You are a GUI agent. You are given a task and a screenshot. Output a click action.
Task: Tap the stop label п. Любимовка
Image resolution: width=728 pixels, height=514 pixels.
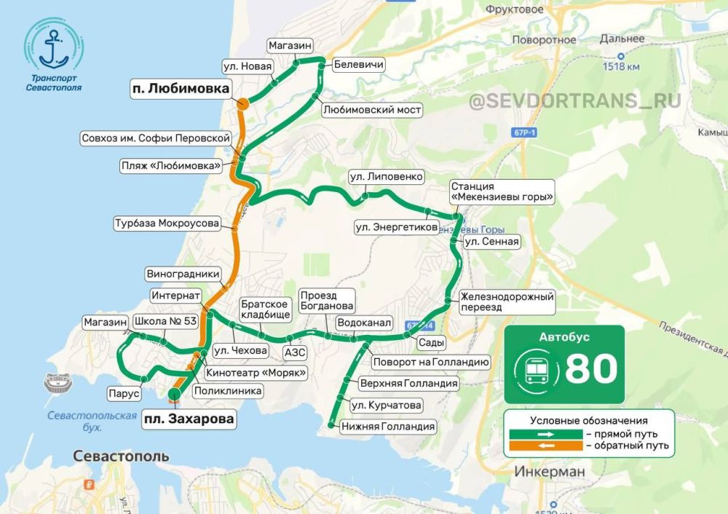[x=180, y=89]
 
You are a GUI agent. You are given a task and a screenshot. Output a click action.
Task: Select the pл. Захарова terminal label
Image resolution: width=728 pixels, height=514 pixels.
[x=189, y=419]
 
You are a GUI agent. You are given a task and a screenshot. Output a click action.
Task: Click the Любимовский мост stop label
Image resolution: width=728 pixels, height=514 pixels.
[x=372, y=109]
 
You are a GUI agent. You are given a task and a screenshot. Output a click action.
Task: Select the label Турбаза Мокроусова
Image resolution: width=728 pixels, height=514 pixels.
[x=167, y=224]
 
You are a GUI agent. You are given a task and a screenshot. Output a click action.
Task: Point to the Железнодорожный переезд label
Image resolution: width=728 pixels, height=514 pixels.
[x=507, y=302]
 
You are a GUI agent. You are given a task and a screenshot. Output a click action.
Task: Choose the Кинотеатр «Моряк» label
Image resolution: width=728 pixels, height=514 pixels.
[x=255, y=372]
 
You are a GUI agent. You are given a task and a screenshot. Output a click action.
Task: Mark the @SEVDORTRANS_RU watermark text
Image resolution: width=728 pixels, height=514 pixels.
[x=575, y=100]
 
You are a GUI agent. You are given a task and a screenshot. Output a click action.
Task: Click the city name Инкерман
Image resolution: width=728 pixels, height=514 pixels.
[x=549, y=472]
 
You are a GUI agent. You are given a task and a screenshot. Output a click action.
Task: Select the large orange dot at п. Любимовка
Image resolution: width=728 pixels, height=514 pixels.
[x=242, y=105]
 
